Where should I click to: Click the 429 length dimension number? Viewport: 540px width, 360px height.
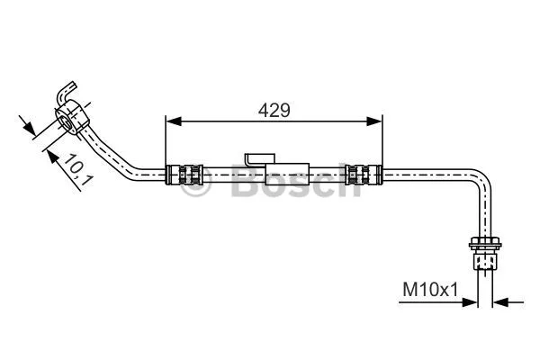pyautogui.click(x=274, y=110)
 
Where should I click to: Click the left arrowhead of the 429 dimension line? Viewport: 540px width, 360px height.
pyautogui.click(x=172, y=120)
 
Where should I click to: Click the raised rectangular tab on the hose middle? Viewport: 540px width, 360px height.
pyautogui.click(x=257, y=158)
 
